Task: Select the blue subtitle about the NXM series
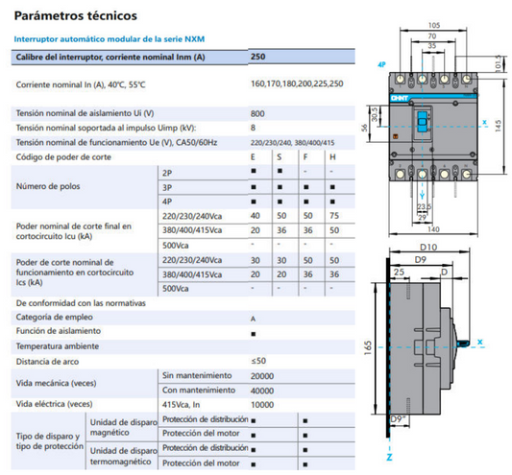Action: [x=108, y=39]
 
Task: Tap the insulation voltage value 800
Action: [x=258, y=113]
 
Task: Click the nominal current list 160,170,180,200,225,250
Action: [x=296, y=84]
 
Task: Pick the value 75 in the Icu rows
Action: [x=331, y=217]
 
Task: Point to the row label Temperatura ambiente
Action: [x=57, y=346]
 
